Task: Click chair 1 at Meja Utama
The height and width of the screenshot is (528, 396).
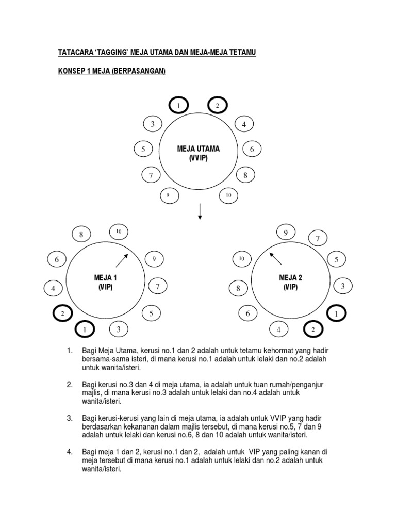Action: click(x=178, y=106)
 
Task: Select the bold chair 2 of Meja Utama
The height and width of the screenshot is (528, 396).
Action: click(x=217, y=106)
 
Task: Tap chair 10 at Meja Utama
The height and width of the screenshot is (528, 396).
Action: click(x=228, y=195)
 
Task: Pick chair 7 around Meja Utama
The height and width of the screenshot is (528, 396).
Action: click(x=151, y=176)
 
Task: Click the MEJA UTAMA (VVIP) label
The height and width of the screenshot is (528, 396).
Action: click(x=198, y=153)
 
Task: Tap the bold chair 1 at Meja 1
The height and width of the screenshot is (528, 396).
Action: click(x=86, y=329)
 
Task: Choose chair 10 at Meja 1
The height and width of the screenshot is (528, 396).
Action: click(x=118, y=232)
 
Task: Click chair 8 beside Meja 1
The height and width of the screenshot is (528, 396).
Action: click(x=81, y=235)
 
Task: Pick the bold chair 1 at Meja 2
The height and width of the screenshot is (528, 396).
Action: click(x=337, y=313)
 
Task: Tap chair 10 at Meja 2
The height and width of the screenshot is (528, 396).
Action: click(x=241, y=259)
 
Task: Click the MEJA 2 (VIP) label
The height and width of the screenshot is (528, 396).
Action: click(x=290, y=282)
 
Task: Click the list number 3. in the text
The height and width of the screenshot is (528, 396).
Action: click(x=70, y=418)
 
